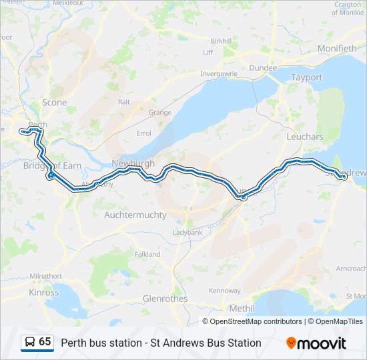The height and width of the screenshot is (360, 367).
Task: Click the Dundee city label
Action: (262, 68)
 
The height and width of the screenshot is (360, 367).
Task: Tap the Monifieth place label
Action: (337, 49)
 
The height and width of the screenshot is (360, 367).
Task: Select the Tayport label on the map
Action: (306, 77)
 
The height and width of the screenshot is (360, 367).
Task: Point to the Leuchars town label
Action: (304, 137)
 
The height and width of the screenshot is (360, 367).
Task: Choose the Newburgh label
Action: (133, 163)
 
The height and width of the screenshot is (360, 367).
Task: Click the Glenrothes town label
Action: (165, 298)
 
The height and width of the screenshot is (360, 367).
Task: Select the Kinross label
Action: (44, 292)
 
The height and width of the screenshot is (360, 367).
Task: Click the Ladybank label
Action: (188, 233)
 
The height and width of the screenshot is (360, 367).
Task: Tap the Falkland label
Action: (147, 254)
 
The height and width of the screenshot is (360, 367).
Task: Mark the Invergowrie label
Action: (220, 73)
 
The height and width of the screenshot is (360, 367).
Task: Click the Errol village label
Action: (143, 133)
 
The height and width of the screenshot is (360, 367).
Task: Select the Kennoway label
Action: (224, 291)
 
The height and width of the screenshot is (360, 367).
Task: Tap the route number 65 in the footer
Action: (45, 342)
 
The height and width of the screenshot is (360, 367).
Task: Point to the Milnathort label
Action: (46, 276)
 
